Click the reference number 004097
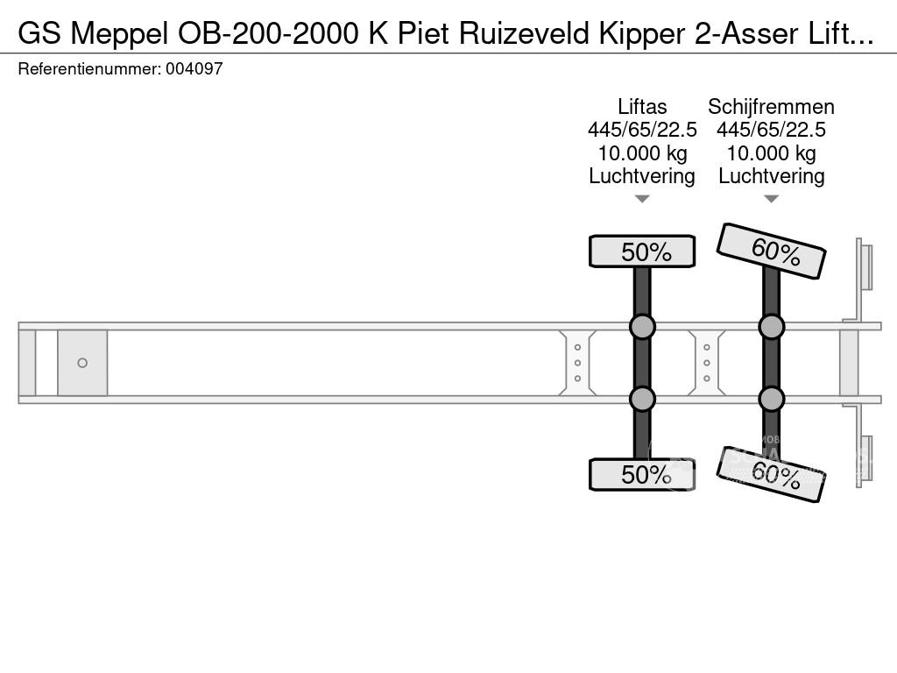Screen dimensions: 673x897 [194, 68]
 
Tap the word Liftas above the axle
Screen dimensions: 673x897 [642, 107]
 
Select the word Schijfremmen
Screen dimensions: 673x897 [771, 107]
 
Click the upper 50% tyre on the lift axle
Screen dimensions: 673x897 [642, 251]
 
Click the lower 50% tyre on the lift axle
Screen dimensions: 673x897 [642, 474]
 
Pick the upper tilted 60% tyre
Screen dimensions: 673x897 [772, 251]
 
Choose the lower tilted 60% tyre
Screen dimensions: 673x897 [772, 476]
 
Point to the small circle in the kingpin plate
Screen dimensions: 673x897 [82, 363]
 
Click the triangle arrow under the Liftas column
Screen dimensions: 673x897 [642, 199]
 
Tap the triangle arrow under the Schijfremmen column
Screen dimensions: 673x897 [771, 199]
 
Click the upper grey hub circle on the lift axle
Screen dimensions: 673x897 [642, 327]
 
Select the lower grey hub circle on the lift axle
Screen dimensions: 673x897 [642, 399]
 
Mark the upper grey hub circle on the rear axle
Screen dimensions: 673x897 [771, 327]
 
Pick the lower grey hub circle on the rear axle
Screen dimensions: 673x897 [771, 399]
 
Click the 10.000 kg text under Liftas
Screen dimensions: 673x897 [642, 153]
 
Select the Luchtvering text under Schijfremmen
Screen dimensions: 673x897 [771, 176]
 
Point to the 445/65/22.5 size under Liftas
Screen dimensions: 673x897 [642, 131]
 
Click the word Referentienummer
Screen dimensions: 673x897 [88, 68]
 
